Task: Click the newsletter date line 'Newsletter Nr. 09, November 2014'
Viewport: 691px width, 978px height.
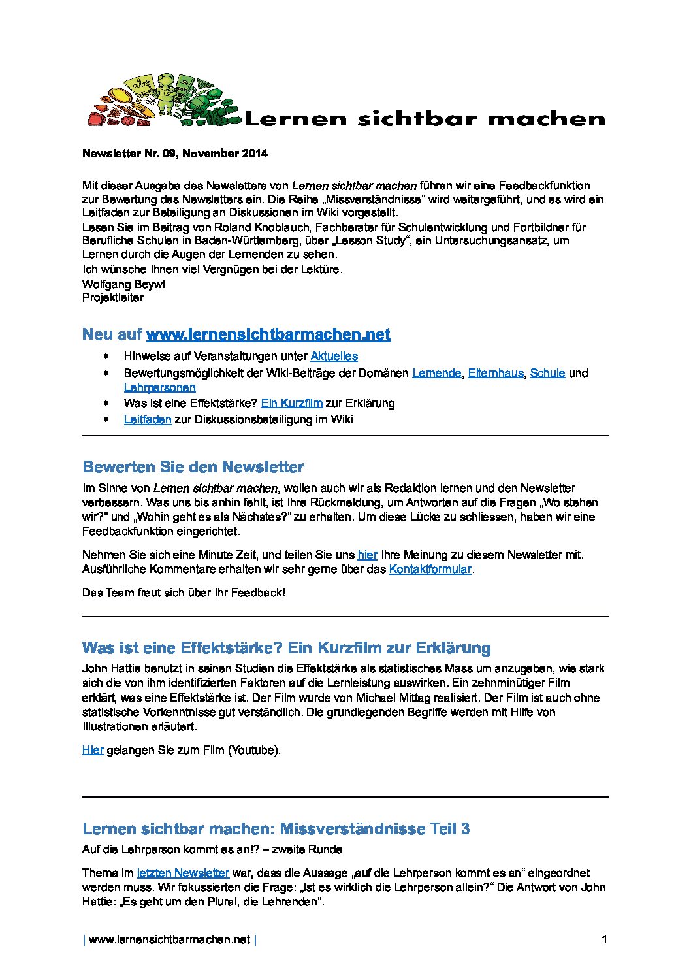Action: pyautogui.click(x=174, y=154)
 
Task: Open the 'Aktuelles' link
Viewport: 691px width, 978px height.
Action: pyautogui.click(x=334, y=356)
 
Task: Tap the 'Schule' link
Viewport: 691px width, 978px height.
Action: pyautogui.click(x=547, y=373)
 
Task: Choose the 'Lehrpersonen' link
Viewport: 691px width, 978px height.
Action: pyautogui.click(x=159, y=387)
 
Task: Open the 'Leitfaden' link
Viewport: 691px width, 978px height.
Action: pyautogui.click(x=148, y=419)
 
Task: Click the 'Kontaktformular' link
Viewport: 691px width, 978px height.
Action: pyautogui.click(x=430, y=569)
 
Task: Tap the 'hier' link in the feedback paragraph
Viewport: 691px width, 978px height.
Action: pyautogui.click(x=367, y=555)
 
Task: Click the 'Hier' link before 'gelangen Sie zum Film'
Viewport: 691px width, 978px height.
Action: pyautogui.click(x=93, y=750)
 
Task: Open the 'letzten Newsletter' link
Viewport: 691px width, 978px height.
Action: pyautogui.click(x=183, y=873)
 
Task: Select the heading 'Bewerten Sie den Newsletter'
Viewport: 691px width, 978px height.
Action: pyautogui.click(x=193, y=467)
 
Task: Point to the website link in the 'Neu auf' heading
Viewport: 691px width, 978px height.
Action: pyautogui.click(x=268, y=334)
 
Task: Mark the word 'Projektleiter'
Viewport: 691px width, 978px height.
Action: pyautogui.click(x=113, y=298)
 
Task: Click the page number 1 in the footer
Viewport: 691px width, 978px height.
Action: pyautogui.click(x=604, y=939)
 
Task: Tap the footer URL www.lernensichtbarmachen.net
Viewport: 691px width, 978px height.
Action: pyautogui.click(x=169, y=939)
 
